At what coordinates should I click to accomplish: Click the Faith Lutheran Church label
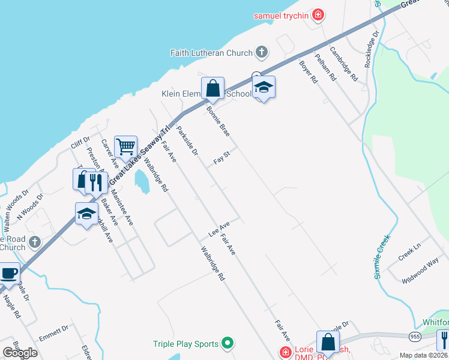click(211, 53)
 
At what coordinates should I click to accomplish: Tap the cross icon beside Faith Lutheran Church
click(261, 53)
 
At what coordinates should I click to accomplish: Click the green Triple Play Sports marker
click(227, 344)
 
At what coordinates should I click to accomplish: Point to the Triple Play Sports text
click(185, 344)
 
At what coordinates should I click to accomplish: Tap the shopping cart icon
click(125, 146)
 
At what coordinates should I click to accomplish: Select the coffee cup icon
click(8, 273)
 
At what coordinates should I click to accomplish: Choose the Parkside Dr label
click(187, 141)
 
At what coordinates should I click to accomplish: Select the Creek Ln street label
click(410, 252)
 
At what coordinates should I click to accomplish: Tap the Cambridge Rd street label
click(343, 65)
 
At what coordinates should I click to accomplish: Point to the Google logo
click(20, 353)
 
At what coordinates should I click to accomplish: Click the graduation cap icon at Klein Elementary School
click(264, 88)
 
